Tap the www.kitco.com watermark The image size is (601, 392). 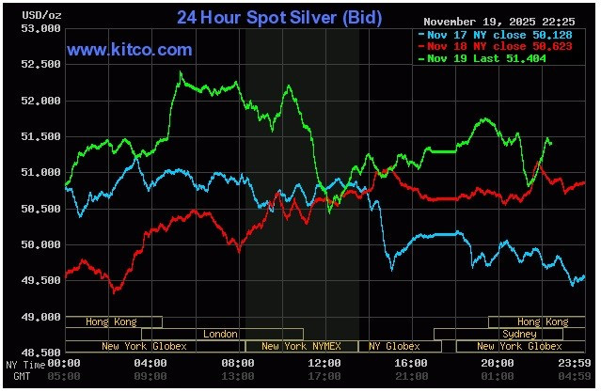(x=130, y=50)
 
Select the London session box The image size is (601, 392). (x=222, y=334)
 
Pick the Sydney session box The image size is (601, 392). (x=519, y=334)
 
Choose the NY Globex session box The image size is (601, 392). (x=395, y=346)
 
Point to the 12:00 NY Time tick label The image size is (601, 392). (x=324, y=363)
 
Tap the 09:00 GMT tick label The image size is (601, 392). (x=151, y=376)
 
